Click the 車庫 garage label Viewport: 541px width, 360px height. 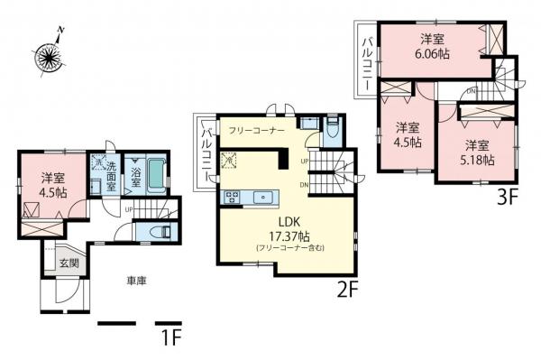click(137, 281)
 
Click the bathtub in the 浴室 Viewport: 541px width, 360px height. click(155, 173)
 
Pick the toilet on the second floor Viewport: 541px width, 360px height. click(331, 129)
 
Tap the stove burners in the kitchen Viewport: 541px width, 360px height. click(232, 196)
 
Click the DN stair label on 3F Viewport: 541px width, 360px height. click(471, 91)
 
